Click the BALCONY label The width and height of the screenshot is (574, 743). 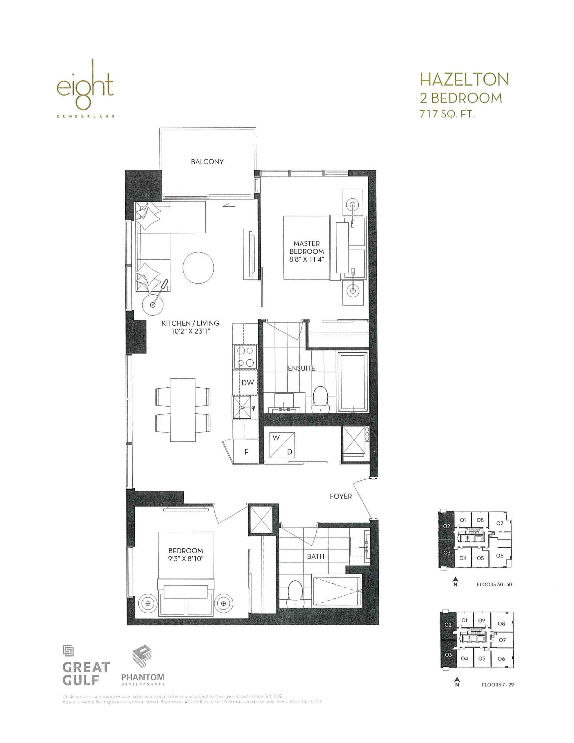coord(207,162)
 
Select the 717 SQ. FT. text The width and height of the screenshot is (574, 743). coord(447,114)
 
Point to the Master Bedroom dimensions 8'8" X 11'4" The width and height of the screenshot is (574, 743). coord(306,259)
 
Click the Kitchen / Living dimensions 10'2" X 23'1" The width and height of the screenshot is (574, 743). coord(190,331)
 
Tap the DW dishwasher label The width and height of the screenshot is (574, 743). coord(248,383)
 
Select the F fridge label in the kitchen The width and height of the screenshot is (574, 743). coord(246,452)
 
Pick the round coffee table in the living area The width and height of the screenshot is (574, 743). coord(198,267)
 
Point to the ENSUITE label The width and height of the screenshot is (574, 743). coord(301,368)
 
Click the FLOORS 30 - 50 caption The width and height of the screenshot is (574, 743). coord(494,585)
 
